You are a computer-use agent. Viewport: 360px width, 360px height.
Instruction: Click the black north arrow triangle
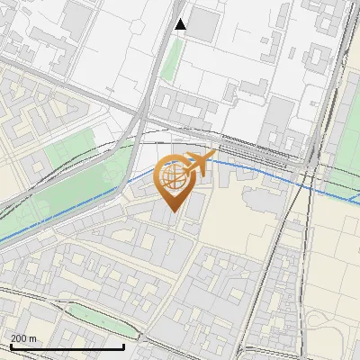tap(181, 24)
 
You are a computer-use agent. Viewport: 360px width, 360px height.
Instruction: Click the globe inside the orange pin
tap(172, 176)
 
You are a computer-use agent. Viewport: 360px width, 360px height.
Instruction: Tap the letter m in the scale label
tap(34, 338)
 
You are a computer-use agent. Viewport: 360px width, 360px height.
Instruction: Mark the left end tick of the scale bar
tap(11, 346)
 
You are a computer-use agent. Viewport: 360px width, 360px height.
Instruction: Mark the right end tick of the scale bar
tap(123, 346)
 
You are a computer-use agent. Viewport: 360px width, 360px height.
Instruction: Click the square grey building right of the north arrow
tap(203, 25)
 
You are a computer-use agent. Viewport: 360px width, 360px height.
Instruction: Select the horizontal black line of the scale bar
tap(67, 346)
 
